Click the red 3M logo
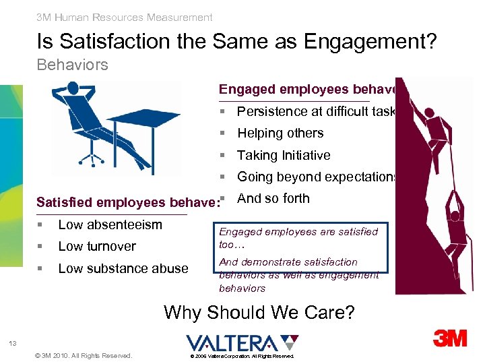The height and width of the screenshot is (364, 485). (x=449, y=338)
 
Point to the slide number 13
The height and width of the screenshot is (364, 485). (x=13, y=344)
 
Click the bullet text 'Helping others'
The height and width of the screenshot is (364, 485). (x=280, y=133)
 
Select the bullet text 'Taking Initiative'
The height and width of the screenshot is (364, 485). (x=284, y=155)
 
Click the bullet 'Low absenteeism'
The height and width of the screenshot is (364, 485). (x=110, y=224)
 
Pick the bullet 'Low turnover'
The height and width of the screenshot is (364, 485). (x=97, y=246)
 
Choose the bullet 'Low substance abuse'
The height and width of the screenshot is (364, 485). (x=123, y=268)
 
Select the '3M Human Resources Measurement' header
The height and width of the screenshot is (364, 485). (x=125, y=18)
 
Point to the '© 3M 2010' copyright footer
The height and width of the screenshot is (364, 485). (x=83, y=355)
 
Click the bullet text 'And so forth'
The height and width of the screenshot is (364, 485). (x=273, y=198)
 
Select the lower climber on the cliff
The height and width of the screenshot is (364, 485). (x=453, y=222)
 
